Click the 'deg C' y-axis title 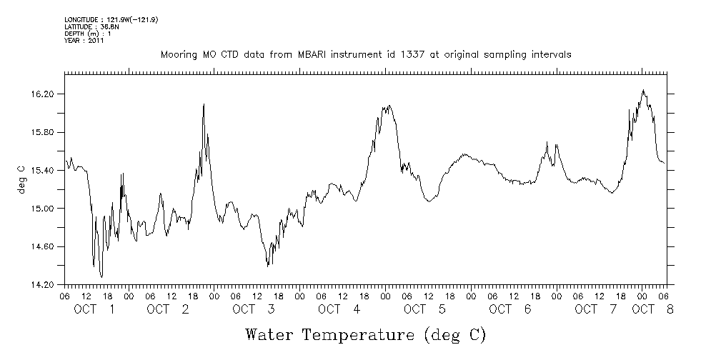pyautogui.click(x=21, y=179)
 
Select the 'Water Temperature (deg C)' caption pyautogui.click(x=366, y=334)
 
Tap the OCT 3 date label pyautogui.click(x=254, y=309)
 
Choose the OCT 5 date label pyautogui.click(x=425, y=309)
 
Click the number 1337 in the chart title pyautogui.click(x=417, y=55)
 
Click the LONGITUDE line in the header pyautogui.click(x=111, y=19)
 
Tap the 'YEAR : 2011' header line pyautogui.click(x=84, y=41)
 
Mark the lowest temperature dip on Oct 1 pyautogui.click(x=101, y=276)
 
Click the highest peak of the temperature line pyautogui.click(x=644, y=90)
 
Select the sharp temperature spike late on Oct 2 pyautogui.click(x=204, y=104)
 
